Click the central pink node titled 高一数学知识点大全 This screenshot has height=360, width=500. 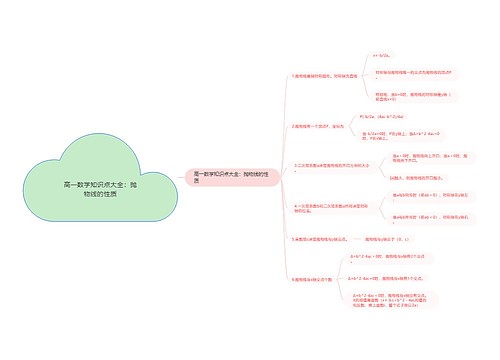tap(228, 177)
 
